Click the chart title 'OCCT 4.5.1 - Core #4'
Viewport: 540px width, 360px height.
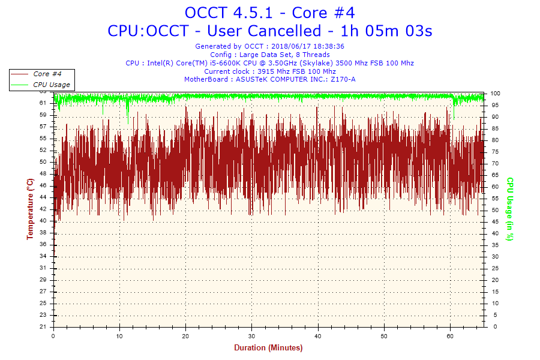tap(269, 13)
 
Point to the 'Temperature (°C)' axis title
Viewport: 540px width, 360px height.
tap(30, 209)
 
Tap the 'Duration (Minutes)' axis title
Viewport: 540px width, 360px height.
tap(268, 347)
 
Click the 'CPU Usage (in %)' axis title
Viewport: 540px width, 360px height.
tap(511, 209)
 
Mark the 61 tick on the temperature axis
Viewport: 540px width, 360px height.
tap(43, 103)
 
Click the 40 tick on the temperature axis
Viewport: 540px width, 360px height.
tap(43, 221)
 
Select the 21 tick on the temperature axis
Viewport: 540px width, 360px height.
tap(43, 327)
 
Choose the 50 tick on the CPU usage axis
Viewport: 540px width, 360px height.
tap(494, 210)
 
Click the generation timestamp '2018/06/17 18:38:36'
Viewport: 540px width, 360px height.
tap(308, 46)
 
